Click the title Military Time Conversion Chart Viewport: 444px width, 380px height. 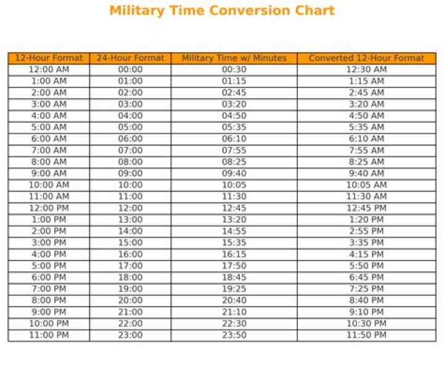click(x=222, y=10)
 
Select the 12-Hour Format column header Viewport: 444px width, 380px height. click(x=49, y=58)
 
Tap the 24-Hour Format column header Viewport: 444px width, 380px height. click(x=130, y=58)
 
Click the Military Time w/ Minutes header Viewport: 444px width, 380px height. click(x=234, y=58)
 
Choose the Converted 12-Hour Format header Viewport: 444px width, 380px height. click(x=366, y=58)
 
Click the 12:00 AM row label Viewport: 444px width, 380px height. click(x=49, y=70)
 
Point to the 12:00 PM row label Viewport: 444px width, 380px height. click(x=49, y=208)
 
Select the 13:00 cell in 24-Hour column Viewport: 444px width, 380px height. click(x=130, y=220)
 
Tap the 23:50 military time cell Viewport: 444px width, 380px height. click(x=234, y=335)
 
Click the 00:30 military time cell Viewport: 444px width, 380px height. click(x=234, y=70)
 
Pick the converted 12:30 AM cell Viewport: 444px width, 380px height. click(x=366, y=70)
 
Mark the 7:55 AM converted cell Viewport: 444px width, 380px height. click(x=366, y=150)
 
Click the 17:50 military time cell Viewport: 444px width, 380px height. click(x=234, y=266)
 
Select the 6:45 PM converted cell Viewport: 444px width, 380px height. click(x=366, y=277)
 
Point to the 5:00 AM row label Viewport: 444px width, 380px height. click(x=49, y=127)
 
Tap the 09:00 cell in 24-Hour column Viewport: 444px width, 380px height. click(x=130, y=174)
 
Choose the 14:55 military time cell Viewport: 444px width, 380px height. click(x=234, y=231)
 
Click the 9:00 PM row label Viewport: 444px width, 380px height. click(x=49, y=312)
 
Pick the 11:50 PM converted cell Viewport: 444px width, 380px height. click(x=366, y=335)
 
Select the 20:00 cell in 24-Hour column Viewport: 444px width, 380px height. click(x=130, y=301)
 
